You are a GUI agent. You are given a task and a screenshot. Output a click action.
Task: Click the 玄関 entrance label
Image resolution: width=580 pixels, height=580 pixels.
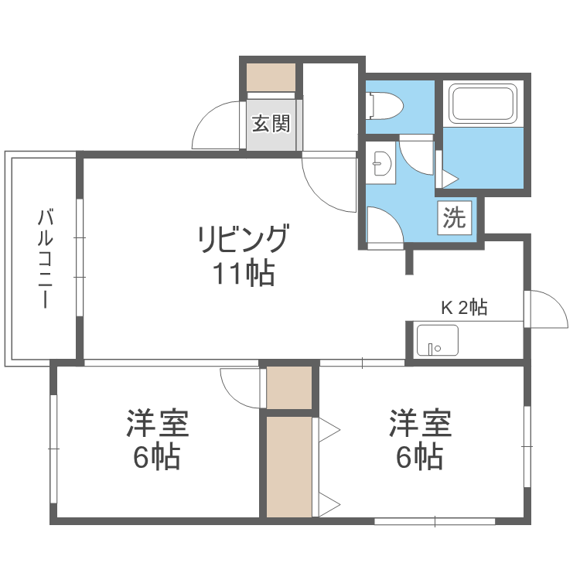pyautogui.click(x=271, y=122)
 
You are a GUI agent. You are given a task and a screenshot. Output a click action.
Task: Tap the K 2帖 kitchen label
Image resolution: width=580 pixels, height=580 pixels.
pyautogui.click(x=463, y=308)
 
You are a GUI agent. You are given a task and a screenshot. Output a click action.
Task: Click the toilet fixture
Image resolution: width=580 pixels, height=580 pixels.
pyautogui.click(x=384, y=104)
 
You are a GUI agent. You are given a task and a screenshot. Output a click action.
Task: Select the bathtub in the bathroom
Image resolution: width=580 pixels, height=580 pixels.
pyautogui.click(x=483, y=104)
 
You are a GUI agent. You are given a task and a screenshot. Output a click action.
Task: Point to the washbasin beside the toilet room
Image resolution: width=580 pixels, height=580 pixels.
pyautogui.click(x=381, y=164)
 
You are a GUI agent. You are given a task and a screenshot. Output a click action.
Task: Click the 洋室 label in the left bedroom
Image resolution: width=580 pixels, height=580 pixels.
pyautogui.click(x=158, y=423)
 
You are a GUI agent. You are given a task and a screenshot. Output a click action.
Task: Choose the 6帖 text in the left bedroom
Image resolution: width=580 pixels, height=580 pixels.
pyautogui.click(x=158, y=458)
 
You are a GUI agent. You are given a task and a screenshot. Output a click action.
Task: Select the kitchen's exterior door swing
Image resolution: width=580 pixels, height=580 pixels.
pyautogui.click(x=546, y=309)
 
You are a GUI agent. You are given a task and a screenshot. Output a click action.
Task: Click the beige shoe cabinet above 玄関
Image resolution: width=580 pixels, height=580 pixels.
pyautogui.click(x=271, y=77)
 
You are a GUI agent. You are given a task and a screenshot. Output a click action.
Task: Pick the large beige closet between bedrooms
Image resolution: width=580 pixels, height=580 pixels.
pyautogui.click(x=289, y=466)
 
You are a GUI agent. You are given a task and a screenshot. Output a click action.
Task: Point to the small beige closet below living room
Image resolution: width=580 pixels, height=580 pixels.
pyautogui.click(x=289, y=387)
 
